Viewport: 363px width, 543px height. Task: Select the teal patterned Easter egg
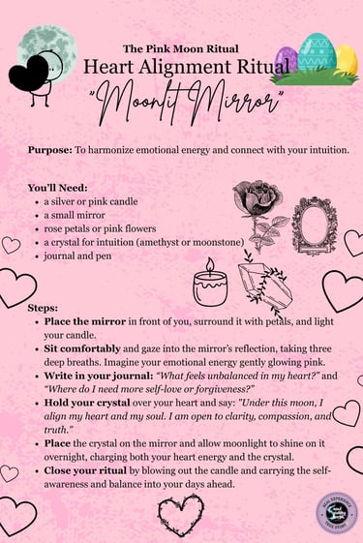coord(318,54)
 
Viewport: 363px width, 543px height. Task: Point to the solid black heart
coord(29,74)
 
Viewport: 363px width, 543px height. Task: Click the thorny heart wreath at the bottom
coord(181,516)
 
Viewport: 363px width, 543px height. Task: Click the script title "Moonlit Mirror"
coord(181,99)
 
